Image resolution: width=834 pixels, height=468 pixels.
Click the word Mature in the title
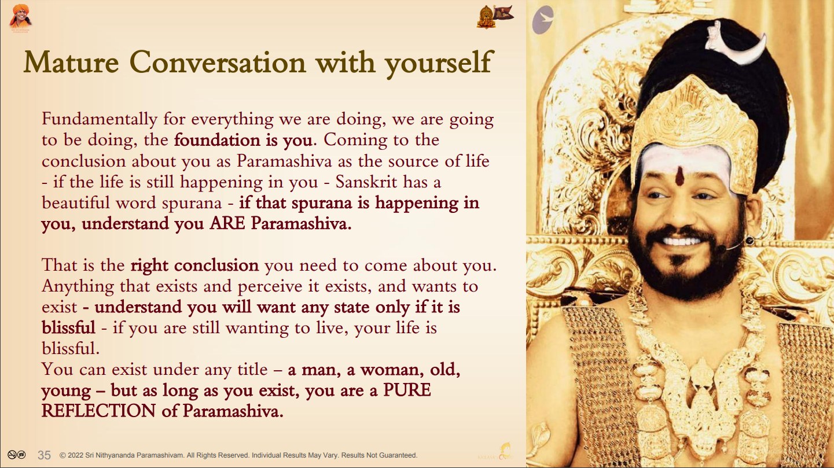pos(71,62)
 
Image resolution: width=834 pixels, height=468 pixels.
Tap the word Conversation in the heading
pos(218,62)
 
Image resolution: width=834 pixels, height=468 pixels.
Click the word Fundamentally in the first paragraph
pos(100,119)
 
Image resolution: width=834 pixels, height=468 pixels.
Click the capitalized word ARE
pos(227,223)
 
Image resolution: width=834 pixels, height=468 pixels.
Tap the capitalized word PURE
pos(407,390)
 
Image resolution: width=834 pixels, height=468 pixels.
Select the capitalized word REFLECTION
pos(98,411)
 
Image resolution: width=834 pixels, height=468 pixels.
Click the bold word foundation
pos(216,140)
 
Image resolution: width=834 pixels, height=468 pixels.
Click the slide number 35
pos(44,455)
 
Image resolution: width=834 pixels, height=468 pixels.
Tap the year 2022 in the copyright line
pos(75,455)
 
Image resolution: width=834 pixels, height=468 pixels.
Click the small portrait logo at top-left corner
pos(20,17)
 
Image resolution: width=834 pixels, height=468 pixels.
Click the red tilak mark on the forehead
pos(680,176)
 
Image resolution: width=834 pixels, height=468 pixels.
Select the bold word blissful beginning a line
pos(68,328)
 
